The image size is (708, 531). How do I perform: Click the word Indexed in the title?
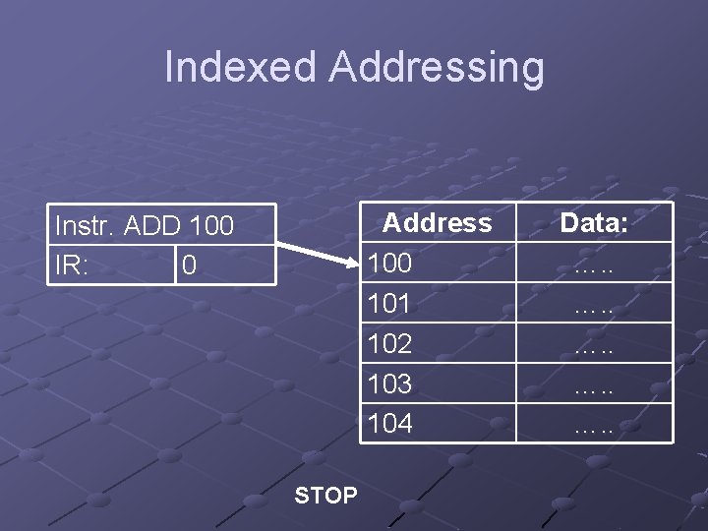[x=241, y=67]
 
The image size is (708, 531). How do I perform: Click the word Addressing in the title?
[x=437, y=67]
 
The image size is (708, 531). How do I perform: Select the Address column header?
[x=437, y=223]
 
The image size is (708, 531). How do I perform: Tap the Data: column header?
[x=594, y=223]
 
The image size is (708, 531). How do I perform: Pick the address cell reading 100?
[x=389, y=264]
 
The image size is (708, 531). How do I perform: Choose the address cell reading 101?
[x=389, y=304]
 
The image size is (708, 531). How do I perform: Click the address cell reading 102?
[x=389, y=344]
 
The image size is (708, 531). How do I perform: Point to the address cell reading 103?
[x=389, y=383]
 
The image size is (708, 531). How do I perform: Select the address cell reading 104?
[x=389, y=424]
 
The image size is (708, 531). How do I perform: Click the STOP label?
[x=325, y=495]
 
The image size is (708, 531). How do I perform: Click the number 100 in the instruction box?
[x=211, y=226]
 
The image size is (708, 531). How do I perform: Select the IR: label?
[x=73, y=265]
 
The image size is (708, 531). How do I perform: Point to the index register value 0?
[x=189, y=266]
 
